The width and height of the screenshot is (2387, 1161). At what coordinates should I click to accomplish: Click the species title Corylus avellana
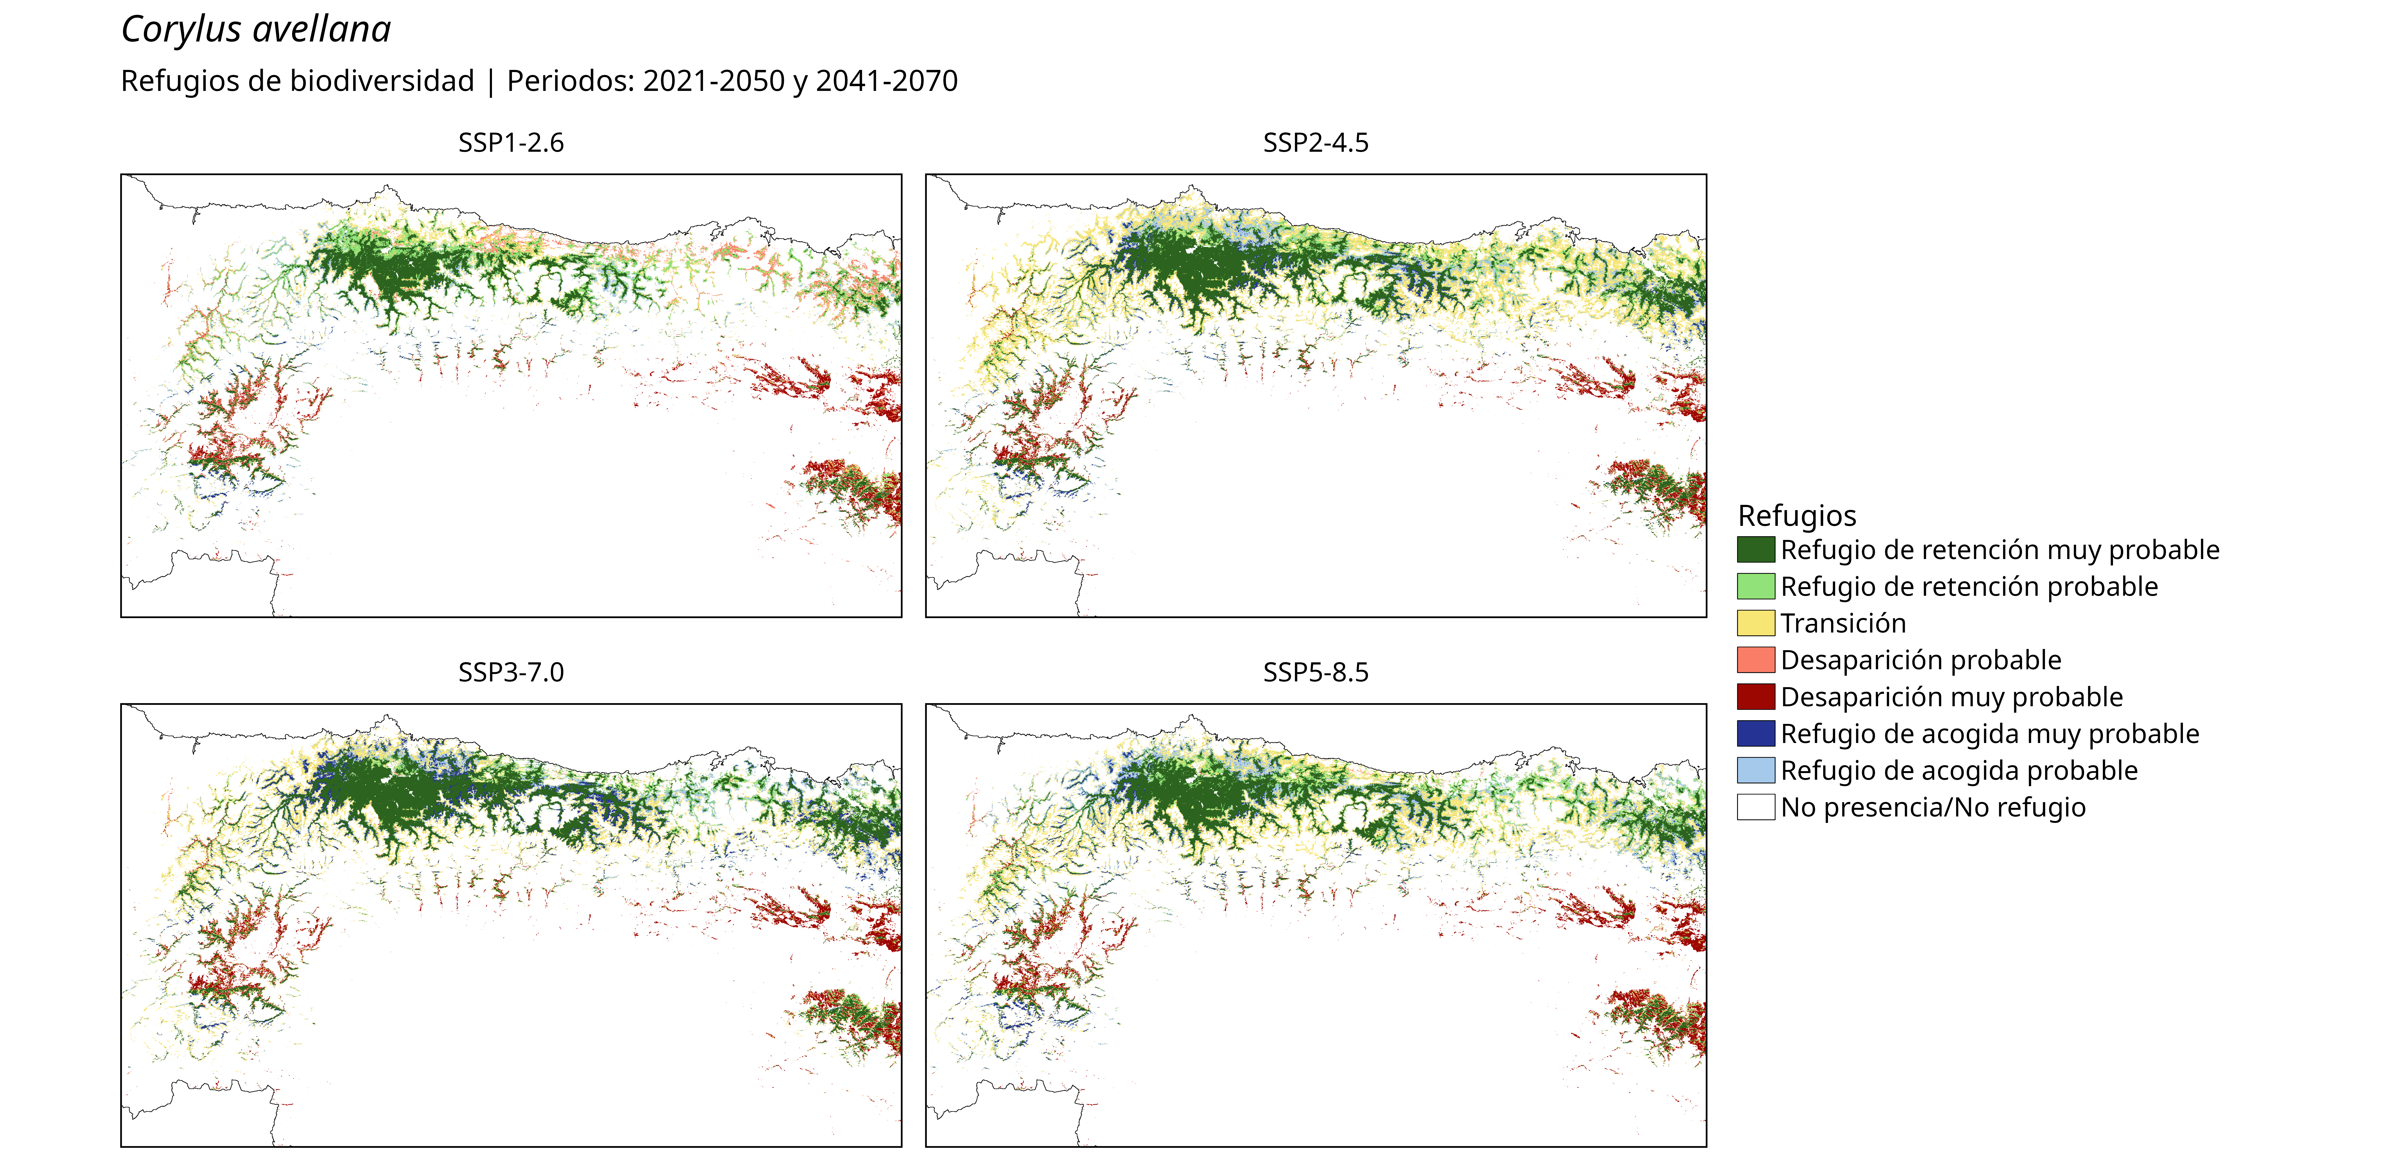256,30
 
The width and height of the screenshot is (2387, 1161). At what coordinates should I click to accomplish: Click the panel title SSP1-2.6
511,143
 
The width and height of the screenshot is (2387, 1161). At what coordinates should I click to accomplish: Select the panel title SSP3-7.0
511,672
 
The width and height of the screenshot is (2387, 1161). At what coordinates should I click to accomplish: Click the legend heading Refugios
1797,515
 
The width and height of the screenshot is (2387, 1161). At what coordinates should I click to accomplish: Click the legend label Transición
1843,623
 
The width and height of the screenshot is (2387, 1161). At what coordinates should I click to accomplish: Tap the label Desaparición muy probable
1951,697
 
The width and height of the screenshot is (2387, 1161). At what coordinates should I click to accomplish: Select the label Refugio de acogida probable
1959,770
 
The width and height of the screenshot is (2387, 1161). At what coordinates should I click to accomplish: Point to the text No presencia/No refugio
1933,807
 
